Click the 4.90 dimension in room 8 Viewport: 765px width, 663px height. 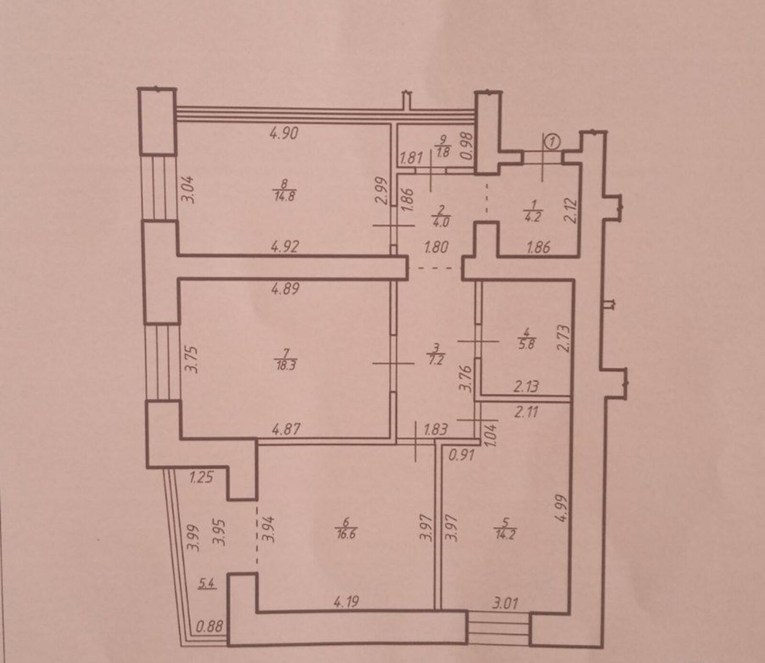coord(284,133)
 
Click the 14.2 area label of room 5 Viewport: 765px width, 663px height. coord(505,534)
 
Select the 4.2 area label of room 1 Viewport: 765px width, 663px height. coord(532,217)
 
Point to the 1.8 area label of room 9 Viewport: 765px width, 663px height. coord(443,153)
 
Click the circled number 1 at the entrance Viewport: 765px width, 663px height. coord(553,141)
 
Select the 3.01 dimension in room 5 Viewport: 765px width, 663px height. coord(505,603)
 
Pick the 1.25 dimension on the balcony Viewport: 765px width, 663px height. coord(201,477)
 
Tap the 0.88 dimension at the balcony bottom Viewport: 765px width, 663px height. coord(210,626)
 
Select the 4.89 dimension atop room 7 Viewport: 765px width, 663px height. coord(285,289)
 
